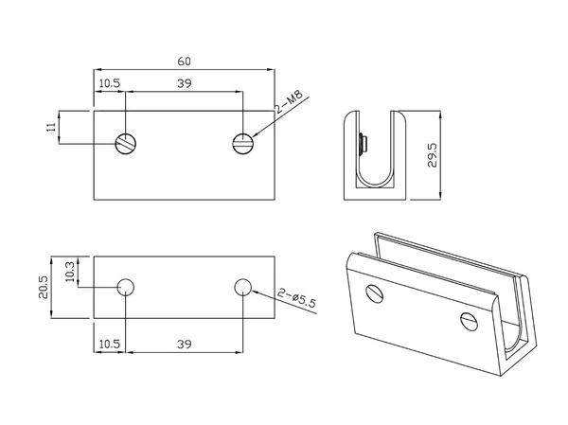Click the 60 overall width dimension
pyautogui.click(x=184, y=62)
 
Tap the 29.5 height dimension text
pyautogui.click(x=433, y=155)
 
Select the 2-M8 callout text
pyautogui.click(x=289, y=102)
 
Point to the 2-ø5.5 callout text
pyautogui.click(x=297, y=297)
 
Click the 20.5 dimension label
pyautogui.click(x=44, y=288)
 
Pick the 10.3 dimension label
pyautogui.click(x=70, y=272)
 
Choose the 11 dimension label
pyautogui.click(x=52, y=127)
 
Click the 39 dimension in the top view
pyautogui.click(x=184, y=83)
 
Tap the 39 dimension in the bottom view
pyautogui.click(x=184, y=344)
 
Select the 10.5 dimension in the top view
pyautogui.click(x=110, y=83)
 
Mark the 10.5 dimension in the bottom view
pyautogui.click(x=110, y=344)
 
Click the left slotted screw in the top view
pyautogui.click(x=125, y=144)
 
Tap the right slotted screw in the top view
pyautogui.click(x=242, y=144)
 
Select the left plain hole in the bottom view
pyautogui.click(x=126, y=288)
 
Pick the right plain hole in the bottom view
pyautogui.click(x=242, y=288)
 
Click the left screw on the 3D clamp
pyautogui.click(x=375, y=293)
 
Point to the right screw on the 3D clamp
pyautogui.click(x=470, y=322)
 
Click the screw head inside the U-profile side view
pyautogui.click(x=363, y=145)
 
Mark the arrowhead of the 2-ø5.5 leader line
pyautogui.click(x=255, y=292)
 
